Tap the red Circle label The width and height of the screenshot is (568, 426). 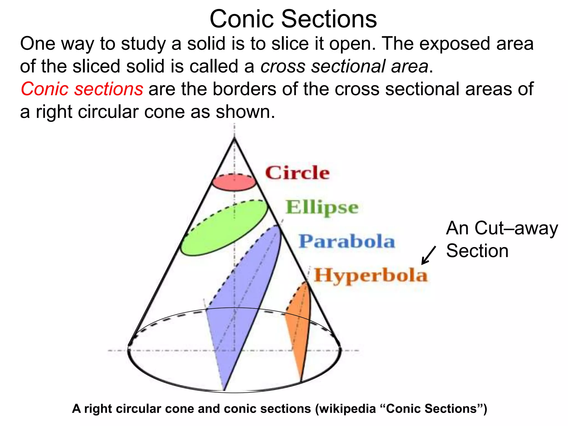(297, 173)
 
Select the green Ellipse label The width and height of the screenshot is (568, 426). (322, 207)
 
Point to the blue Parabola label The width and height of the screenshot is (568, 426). (347, 241)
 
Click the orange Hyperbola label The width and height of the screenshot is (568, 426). (371, 275)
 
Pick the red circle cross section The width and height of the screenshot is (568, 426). (234, 183)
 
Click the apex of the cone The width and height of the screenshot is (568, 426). (235, 138)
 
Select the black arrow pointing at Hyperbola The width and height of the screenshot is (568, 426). (428, 255)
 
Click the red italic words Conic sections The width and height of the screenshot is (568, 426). (82, 89)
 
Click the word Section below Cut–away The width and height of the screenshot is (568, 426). (477, 251)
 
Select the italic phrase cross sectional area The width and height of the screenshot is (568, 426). (344, 66)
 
